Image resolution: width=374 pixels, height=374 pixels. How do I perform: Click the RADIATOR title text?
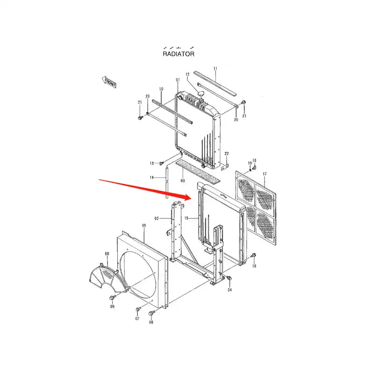point(178,54)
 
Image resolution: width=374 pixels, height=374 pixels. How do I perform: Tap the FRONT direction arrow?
point(109,83)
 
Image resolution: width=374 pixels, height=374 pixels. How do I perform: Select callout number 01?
point(178,80)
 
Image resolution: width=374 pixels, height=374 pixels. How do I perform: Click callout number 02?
point(157,218)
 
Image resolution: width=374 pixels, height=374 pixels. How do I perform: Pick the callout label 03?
point(183,180)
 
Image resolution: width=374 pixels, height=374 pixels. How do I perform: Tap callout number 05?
point(144,225)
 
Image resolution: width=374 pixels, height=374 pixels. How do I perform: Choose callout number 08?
point(107,254)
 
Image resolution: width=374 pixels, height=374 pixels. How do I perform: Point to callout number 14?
point(151,177)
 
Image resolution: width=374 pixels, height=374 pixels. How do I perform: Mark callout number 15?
point(186,218)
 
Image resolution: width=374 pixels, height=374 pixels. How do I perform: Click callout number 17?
point(265,174)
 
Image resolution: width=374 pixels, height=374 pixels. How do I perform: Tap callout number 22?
point(227,153)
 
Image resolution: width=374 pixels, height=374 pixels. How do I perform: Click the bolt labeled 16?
point(254,256)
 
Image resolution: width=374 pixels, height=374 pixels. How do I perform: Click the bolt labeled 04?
point(229,279)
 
